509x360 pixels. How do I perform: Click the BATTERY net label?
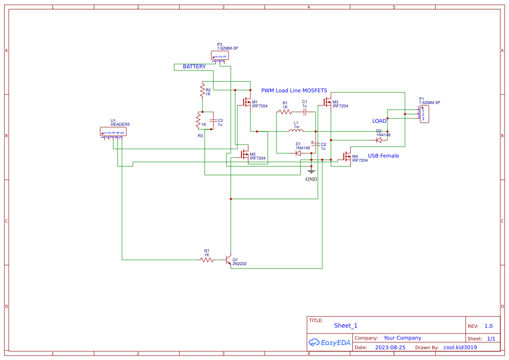(194, 67)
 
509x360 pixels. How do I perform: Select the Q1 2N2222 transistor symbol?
(228, 261)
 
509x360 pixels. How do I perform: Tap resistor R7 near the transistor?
(207, 260)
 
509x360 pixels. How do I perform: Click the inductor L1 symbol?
(296, 131)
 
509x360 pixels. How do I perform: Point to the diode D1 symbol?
(298, 153)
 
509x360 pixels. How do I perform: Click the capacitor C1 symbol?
(305, 112)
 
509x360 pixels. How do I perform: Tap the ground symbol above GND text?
(311, 171)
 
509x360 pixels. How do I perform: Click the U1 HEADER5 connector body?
(113, 131)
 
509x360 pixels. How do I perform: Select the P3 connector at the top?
(220, 55)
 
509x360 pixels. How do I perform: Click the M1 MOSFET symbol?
(246, 103)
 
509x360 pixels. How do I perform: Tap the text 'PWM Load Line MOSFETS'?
(294, 91)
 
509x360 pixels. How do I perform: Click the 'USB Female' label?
(383, 156)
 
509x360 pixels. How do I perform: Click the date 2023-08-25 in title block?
(390, 347)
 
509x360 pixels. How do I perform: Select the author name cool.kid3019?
(460, 347)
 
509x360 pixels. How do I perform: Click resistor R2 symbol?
(202, 91)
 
